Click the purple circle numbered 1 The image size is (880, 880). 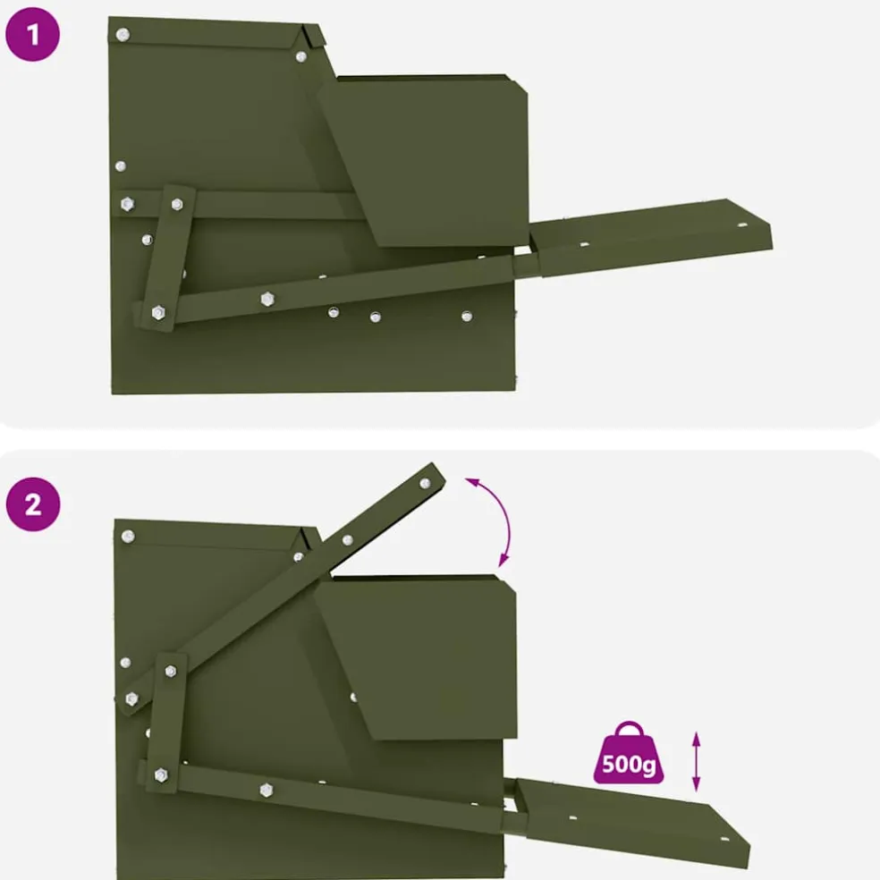point(32,34)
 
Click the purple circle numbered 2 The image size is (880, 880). point(33,504)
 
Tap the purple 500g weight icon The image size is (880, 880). point(629,753)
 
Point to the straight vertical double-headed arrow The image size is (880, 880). point(696,762)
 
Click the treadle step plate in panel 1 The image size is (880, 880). point(651,237)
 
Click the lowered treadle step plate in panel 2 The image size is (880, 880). point(631,822)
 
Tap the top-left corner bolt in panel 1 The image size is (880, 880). point(123,35)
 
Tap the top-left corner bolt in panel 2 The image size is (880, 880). point(128,536)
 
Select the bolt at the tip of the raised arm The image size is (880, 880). point(425,483)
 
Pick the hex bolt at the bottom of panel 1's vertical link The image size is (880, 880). point(158,312)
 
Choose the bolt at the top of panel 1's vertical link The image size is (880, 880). point(177,204)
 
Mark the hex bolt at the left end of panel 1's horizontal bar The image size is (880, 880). point(127,204)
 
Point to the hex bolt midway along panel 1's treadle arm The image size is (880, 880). point(267,299)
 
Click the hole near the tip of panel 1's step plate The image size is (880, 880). point(742,225)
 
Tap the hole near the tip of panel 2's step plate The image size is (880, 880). point(724,840)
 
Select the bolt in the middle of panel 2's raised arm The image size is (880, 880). point(347,540)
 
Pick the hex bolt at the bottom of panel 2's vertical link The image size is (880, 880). point(161,775)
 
